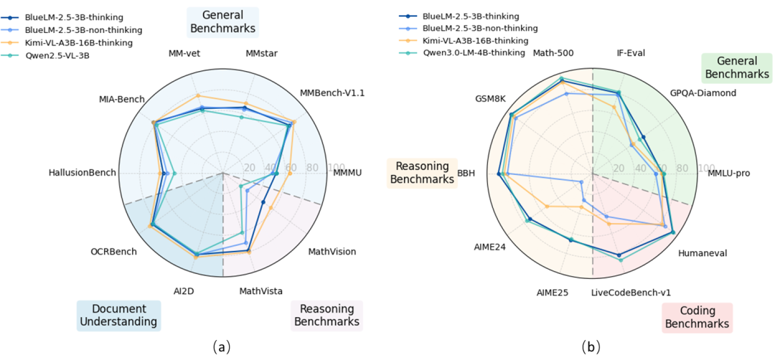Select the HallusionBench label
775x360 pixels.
[x=83, y=173]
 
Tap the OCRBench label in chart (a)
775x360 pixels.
[x=113, y=252]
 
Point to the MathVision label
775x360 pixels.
[x=332, y=252]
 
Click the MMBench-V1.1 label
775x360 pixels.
[x=332, y=93]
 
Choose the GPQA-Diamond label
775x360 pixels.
[x=703, y=93]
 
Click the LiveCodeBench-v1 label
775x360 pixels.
[x=631, y=293]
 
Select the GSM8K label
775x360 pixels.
[x=490, y=98]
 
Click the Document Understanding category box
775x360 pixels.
[x=119, y=316]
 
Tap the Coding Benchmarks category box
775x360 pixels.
[x=697, y=317]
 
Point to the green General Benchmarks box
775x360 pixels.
[x=736, y=67]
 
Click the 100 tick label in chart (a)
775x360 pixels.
[x=337, y=167]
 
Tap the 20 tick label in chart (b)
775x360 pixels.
[x=619, y=167]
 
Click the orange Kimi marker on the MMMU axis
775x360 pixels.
[x=290, y=174]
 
